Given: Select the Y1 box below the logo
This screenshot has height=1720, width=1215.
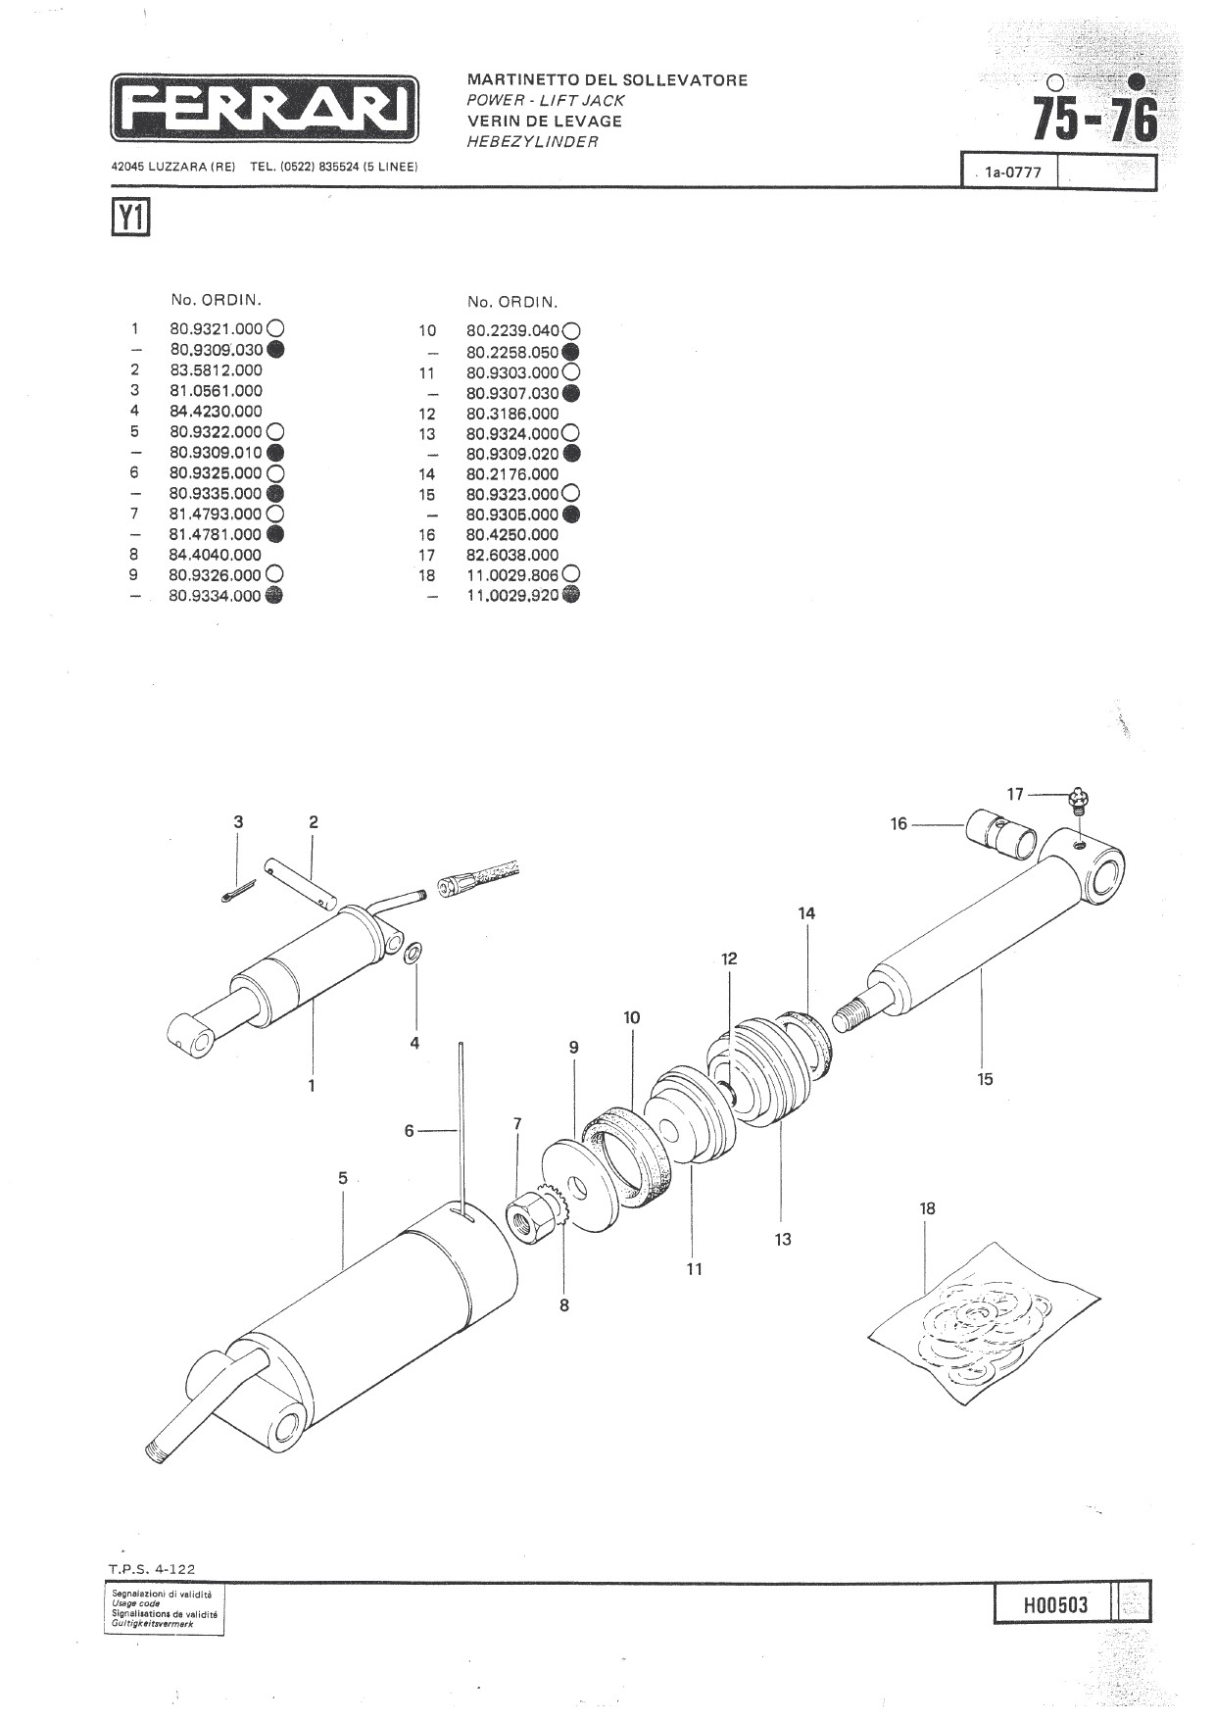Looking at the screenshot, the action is [130, 219].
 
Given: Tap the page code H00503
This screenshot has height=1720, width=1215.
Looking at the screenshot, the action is [1055, 1605].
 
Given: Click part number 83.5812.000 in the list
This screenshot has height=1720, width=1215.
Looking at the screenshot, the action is [216, 369].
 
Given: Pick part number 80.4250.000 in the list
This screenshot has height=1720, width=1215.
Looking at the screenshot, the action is [512, 534].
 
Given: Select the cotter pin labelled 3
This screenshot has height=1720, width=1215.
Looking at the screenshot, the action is [237, 889].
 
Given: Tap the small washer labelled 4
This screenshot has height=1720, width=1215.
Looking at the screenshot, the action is [414, 952].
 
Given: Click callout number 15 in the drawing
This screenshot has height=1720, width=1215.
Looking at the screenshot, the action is [985, 1079].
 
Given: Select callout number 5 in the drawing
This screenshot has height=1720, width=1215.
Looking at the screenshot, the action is [343, 1177].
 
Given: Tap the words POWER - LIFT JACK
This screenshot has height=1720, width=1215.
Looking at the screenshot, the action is [546, 100].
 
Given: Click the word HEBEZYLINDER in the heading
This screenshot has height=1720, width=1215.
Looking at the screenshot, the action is [532, 142].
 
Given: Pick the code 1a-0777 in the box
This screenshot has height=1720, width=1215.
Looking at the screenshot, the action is [1013, 173].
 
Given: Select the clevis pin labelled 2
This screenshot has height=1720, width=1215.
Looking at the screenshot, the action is [303, 881].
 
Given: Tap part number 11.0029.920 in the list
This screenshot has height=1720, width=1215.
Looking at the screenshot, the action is [512, 595].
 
